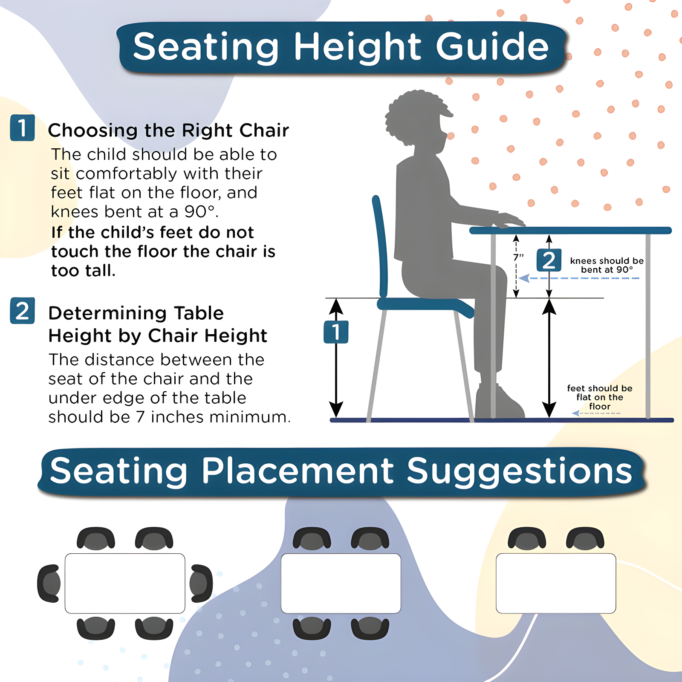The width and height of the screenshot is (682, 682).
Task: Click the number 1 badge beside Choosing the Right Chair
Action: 22,127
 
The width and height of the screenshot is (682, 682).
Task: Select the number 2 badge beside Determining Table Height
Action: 22,311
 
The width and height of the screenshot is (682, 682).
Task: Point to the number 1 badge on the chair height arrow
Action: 336,332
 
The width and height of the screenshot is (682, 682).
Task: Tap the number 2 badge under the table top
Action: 549,260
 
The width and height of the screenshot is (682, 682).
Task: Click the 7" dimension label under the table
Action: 518,257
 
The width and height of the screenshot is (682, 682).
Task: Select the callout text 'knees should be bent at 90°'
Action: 607,265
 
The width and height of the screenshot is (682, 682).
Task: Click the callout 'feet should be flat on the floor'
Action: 600,397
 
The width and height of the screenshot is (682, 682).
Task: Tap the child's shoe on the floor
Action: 500,402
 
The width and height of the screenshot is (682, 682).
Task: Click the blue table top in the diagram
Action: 570,231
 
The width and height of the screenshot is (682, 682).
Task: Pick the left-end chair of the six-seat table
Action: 49,584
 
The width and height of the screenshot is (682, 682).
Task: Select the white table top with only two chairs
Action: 556,584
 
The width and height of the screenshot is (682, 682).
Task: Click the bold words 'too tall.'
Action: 83,271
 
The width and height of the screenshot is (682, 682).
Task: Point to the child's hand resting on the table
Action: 509,220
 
